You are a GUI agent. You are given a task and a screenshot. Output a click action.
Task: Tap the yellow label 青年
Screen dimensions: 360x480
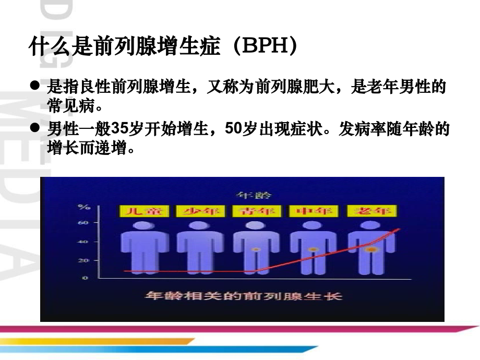(257, 211)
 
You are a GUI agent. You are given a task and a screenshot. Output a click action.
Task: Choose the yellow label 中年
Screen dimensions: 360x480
(314, 211)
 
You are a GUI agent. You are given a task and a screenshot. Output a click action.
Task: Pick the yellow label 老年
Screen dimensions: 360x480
(371, 211)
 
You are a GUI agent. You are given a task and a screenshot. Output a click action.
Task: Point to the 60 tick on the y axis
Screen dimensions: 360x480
(83, 223)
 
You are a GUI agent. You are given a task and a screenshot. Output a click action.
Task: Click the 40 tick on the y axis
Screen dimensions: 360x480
(83, 242)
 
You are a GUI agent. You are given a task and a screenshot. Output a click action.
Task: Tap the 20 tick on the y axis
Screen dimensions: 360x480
(83, 260)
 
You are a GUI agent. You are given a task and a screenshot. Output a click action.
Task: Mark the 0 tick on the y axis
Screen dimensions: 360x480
(85, 278)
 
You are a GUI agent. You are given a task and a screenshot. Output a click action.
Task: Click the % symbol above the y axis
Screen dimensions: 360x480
(83, 207)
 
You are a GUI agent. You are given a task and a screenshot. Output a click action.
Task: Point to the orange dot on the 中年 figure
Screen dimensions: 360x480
(314, 249)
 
